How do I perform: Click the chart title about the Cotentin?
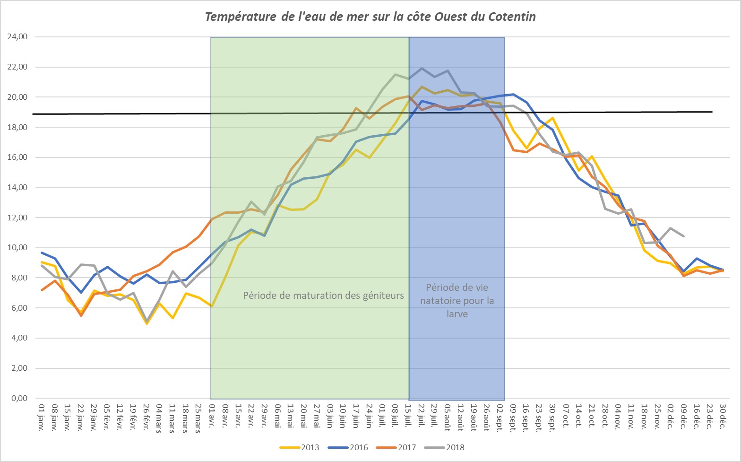tap(370, 17)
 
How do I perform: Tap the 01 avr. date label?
tap(212, 414)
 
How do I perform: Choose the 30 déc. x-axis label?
tap(723, 414)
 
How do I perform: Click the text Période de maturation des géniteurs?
tap(323, 296)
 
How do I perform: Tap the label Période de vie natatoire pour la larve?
tap(457, 300)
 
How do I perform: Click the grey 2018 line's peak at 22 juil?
tap(422, 68)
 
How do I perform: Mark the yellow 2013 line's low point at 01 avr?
tap(212, 306)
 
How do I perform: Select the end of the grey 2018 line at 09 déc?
tap(683, 236)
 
